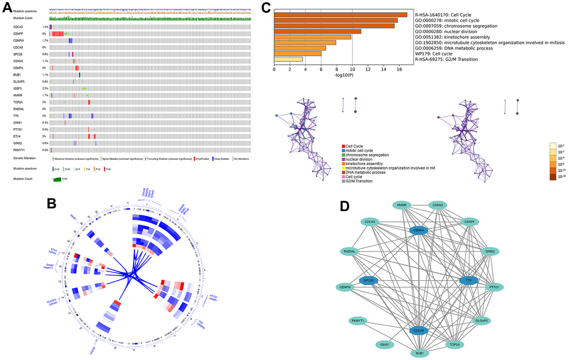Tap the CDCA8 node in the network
[420, 330]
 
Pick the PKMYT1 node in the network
[358, 321]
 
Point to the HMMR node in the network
[401, 206]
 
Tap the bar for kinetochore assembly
[312, 37]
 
